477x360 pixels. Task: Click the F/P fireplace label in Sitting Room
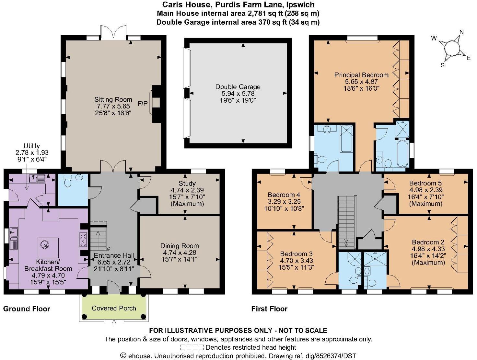(x=142, y=104)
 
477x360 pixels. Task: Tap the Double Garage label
(x=238, y=87)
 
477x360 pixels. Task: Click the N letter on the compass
(x=461, y=32)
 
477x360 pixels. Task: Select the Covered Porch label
(x=114, y=308)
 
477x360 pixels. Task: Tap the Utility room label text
(x=32, y=146)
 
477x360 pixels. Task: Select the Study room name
(x=187, y=183)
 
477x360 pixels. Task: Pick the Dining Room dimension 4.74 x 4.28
(x=180, y=253)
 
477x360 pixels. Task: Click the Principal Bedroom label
(x=361, y=75)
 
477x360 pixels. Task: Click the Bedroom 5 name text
(x=425, y=183)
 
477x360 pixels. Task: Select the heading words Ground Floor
(x=27, y=309)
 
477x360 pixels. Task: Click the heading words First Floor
(x=269, y=309)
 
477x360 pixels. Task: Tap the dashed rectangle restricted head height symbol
(x=192, y=348)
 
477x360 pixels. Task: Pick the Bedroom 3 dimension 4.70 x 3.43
(x=296, y=261)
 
